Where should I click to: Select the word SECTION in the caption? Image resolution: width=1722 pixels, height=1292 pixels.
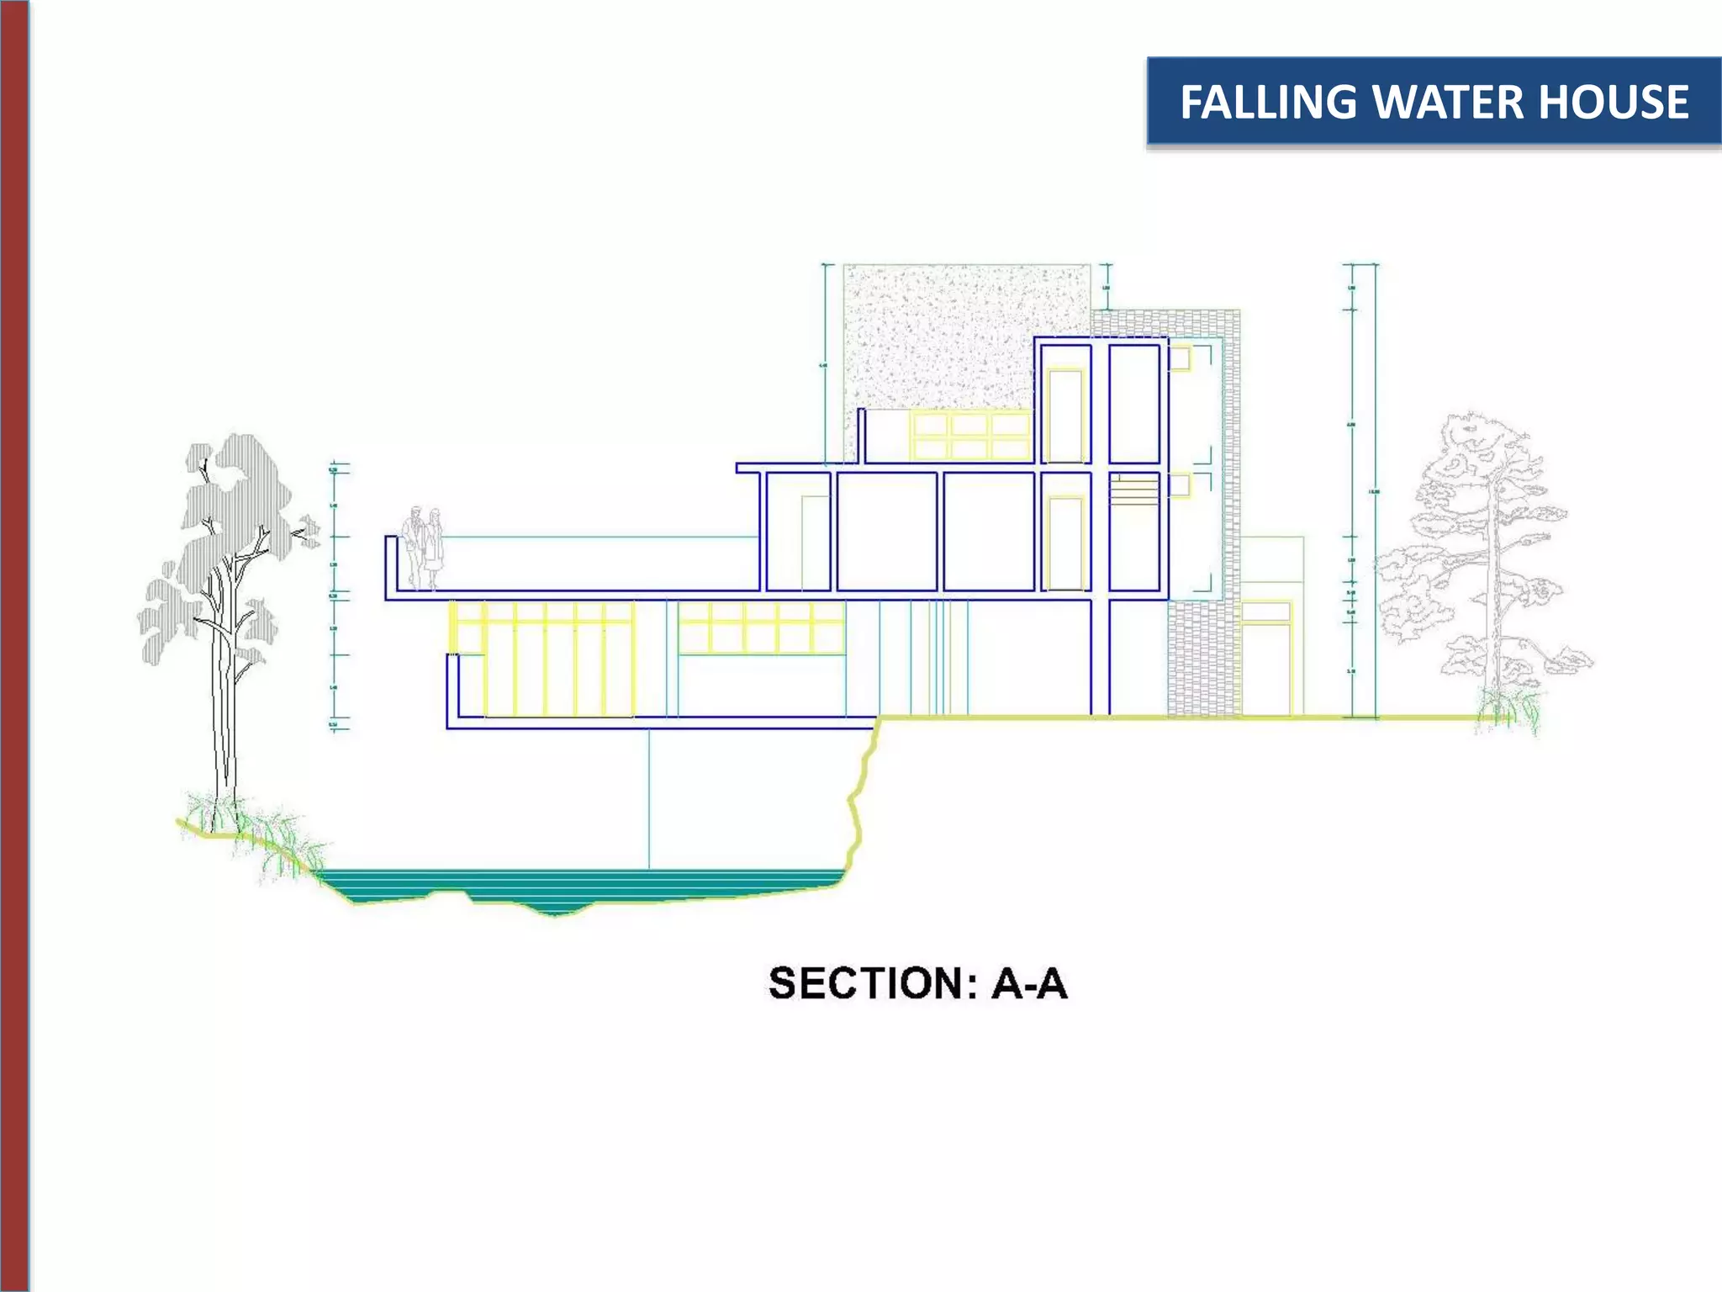pos(866,983)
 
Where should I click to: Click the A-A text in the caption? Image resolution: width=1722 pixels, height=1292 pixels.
pos(1029,983)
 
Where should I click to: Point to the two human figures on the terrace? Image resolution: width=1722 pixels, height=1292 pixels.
pos(423,548)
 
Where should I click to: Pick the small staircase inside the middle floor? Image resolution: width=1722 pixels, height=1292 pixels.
pos(1134,490)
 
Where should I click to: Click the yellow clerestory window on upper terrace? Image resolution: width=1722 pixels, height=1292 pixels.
pos(970,436)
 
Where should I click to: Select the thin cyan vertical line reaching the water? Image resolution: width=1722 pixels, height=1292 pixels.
pos(648,799)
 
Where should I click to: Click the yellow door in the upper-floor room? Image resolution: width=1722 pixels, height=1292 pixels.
pos(1065,416)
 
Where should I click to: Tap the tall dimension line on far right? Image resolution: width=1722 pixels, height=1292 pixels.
pos(1376,488)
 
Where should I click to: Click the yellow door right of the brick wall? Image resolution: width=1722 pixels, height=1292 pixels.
pos(1266,669)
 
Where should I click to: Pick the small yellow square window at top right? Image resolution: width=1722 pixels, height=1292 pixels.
pos(1180,358)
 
